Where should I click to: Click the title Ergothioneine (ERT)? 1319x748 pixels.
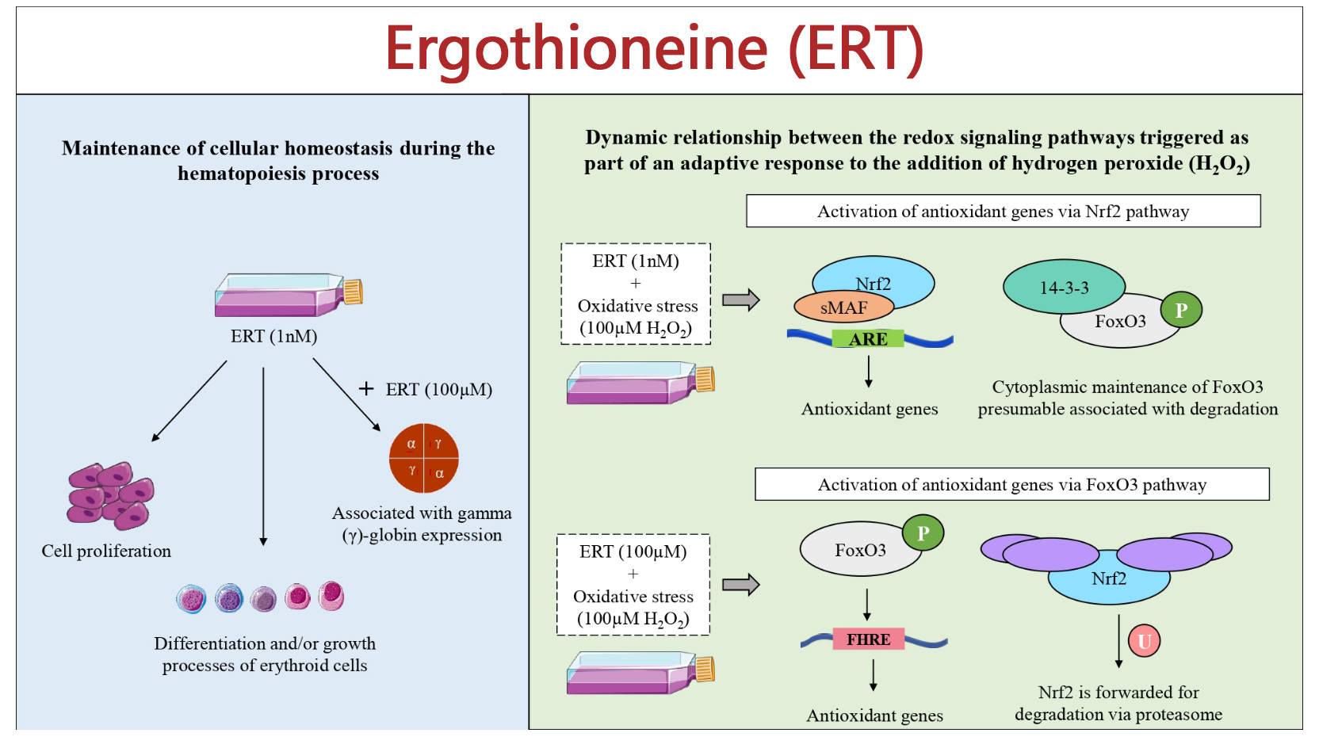pyautogui.click(x=655, y=49)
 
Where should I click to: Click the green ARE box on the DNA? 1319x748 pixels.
pyautogui.click(x=868, y=339)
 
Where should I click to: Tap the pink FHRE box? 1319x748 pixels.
pyautogui.click(x=869, y=639)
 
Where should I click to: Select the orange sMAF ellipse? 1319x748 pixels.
pyautogui.click(x=843, y=307)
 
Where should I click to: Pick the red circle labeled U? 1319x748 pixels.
pyautogui.click(x=1144, y=641)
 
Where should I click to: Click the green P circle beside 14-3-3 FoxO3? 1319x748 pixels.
pyautogui.click(x=1181, y=310)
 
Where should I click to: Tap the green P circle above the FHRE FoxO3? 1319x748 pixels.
pyautogui.click(x=923, y=533)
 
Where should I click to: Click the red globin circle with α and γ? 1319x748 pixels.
pyautogui.click(x=424, y=458)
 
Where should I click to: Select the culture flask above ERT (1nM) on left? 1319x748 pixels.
pyautogui.click(x=287, y=295)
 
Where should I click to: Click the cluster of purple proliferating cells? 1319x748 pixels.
pyautogui.click(x=110, y=496)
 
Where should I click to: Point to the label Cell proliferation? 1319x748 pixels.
pyautogui.click(x=106, y=551)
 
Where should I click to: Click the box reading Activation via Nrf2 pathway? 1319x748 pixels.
pyautogui.click(x=1003, y=212)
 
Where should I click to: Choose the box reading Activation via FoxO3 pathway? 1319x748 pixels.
pyautogui.click(x=1011, y=484)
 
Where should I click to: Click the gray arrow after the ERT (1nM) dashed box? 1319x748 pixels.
pyautogui.click(x=741, y=300)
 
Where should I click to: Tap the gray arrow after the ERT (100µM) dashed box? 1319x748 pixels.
pyautogui.click(x=741, y=585)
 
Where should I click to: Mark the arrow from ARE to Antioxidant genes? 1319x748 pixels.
pyautogui.click(x=869, y=372)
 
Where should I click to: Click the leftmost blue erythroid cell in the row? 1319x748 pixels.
pyautogui.click(x=191, y=599)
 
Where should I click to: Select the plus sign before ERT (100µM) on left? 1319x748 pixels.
pyautogui.click(x=366, y=388)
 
